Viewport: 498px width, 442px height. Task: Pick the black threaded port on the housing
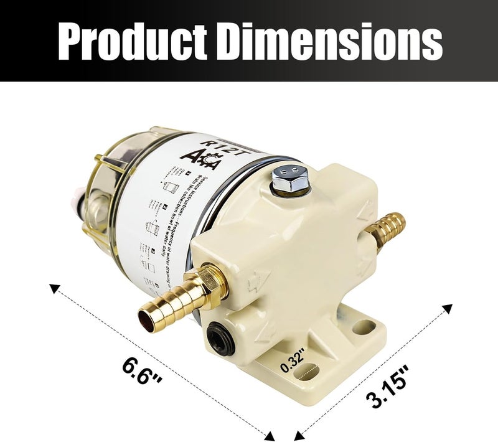click(x=220, y=336)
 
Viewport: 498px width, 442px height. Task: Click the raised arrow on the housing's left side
click(x=255, y=284)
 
